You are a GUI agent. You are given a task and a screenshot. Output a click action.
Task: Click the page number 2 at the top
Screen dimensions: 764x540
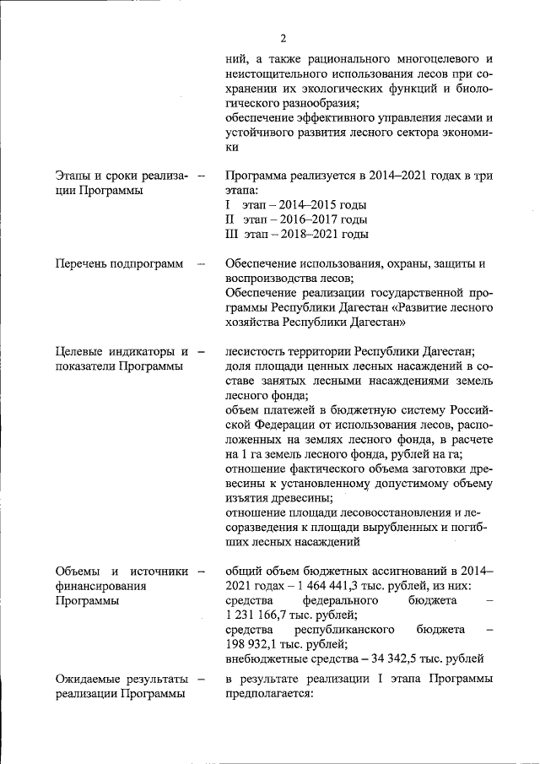pyautogui.click(x=283, y=38)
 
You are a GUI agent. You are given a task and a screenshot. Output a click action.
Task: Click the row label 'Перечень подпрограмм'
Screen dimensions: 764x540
pyautogui.click(x=119, y=264)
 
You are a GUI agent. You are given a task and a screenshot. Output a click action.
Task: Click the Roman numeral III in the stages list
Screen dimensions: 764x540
pyautogui.click(x=233, y=234)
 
